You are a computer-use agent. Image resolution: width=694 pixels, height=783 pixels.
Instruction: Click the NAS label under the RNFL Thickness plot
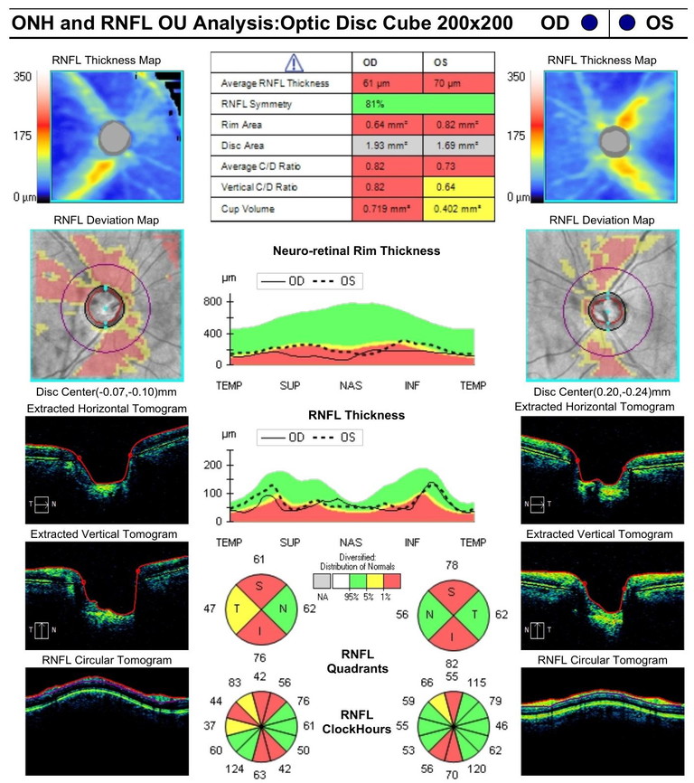pyautogui.click(x=352, y=542)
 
